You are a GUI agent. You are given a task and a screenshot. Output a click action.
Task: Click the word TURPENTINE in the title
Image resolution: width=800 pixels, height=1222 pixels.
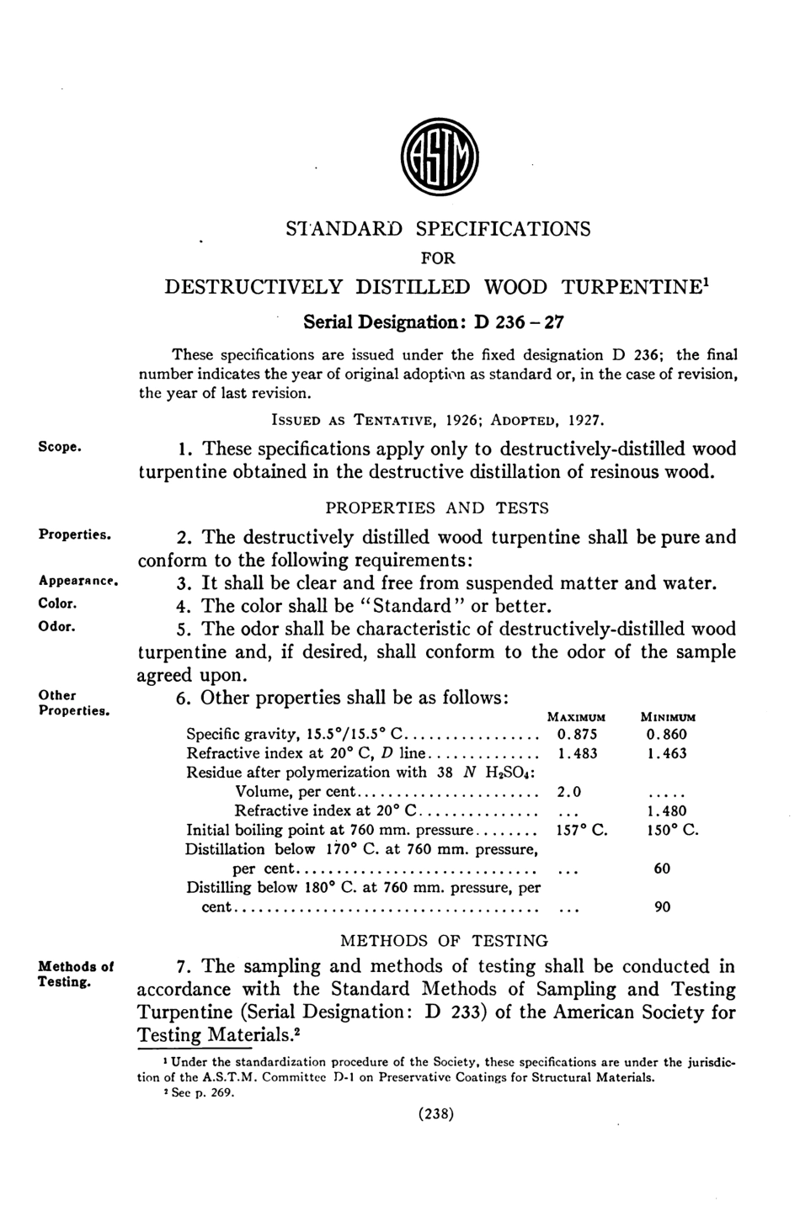pyautogui.click(x=638, y=287)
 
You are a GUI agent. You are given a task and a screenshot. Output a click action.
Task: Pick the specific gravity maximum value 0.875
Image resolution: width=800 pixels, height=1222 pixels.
pyautogui.click(x=577, y=735)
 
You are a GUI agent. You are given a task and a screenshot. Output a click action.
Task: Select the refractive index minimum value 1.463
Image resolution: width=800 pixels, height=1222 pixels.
pyautogui.click(x=667, y=753)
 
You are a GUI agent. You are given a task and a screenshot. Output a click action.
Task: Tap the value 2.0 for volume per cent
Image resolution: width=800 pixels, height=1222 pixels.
pyautogui.click(x=569, y=792)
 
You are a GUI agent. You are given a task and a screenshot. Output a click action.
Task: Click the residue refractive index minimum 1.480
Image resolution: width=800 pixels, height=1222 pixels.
pyautogui.click(x=667, y=811)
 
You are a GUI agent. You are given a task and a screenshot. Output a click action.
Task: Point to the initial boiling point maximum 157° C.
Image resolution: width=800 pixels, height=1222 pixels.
pyautogui.click(x=582, y=831)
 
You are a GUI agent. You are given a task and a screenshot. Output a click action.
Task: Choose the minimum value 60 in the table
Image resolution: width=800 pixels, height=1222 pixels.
pyautogui.click(x=662, y=869)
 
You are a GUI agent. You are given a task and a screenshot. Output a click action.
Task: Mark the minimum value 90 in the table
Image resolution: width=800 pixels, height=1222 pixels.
pyautogui.click(x=662, y=907)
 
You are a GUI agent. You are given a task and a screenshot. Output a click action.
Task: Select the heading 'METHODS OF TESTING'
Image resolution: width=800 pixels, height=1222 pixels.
pyautogui.click(x=443, y=941)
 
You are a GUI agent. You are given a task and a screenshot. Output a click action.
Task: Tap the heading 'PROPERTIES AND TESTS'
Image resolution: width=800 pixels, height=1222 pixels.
pyautogui.click(x=437, y=507)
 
